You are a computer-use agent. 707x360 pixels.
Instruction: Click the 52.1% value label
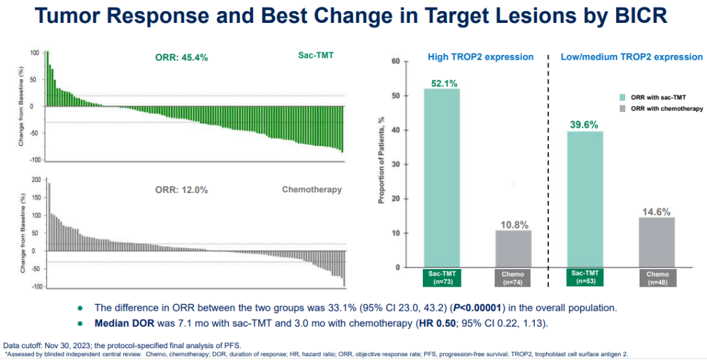(x=443, y=83)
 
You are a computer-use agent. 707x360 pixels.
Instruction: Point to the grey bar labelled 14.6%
(x=657, y=242)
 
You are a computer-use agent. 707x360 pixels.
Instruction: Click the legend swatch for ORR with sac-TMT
(x=623, y=97)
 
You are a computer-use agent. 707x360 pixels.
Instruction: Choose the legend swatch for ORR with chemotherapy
(x=623, y=109)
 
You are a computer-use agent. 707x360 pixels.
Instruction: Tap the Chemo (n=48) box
(x=657, y=278)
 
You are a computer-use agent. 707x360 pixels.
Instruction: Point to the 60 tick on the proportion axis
(x=395, y=62)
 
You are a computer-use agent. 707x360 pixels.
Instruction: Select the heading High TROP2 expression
(x=480, y=57)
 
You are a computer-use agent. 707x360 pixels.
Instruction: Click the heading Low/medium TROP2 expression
(x=631, y=57)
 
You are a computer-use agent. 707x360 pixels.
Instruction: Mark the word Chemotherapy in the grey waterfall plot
(x=312, y=190)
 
